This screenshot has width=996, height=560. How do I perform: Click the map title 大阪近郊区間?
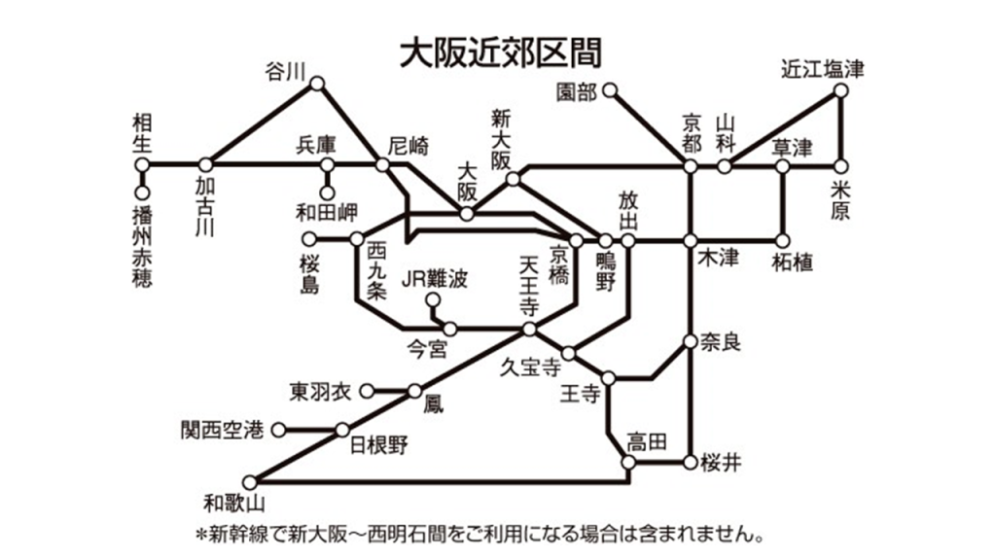point(501,52)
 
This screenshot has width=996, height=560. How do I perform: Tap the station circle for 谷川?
point(317,84)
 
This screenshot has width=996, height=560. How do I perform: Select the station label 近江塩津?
point(823,69)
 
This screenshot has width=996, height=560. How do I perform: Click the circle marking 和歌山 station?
point(250,482)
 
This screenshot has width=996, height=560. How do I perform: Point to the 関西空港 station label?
point(223,430)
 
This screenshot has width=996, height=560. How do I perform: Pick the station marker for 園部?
point(610,90)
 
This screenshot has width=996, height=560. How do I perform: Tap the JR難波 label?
point(435,279)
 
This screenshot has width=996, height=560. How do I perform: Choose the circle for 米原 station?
point(841,167)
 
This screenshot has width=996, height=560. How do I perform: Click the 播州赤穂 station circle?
point(142,192)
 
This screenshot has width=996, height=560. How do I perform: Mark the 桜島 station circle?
point(309,239)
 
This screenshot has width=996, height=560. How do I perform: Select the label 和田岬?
point(327,213)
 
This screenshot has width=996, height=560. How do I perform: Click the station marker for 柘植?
point(783,241)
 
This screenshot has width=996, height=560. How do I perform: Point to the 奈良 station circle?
point(691,341)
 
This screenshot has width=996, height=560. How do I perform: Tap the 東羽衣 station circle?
point(367,391)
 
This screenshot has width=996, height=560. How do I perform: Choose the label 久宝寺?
point(531,367)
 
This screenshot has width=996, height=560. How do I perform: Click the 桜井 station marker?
point(691,462)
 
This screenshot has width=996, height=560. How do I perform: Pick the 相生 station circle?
point(142,165)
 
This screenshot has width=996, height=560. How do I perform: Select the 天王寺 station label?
point(528,287)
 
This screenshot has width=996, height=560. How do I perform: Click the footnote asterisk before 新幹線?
point(201,536)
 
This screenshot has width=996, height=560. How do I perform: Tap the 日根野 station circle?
point(342,430)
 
